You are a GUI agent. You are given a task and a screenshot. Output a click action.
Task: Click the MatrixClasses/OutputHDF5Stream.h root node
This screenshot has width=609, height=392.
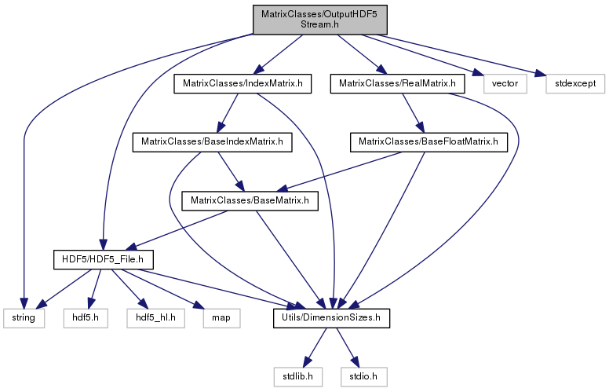320,20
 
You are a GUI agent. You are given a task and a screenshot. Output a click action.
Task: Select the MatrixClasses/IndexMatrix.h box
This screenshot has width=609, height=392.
243,83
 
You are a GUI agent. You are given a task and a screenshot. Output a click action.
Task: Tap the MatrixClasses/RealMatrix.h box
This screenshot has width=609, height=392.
397,83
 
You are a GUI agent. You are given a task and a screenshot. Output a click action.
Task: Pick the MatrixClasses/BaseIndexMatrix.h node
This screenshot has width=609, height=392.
212,142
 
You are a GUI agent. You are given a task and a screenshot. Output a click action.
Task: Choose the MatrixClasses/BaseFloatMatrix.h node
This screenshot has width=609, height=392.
428,142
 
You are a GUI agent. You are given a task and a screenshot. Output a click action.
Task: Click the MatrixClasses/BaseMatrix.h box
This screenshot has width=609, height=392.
250,201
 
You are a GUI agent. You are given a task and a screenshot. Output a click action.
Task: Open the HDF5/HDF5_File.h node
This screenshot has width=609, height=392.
103,259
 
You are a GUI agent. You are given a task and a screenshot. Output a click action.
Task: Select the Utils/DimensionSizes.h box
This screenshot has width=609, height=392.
331,318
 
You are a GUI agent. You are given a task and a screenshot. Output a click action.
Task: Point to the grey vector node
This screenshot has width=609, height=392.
505,83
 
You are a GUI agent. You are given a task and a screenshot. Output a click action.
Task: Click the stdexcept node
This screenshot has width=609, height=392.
575,83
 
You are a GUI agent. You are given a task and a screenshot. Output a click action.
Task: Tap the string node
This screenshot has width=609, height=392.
24,318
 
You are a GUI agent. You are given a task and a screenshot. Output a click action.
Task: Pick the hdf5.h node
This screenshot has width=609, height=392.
86,318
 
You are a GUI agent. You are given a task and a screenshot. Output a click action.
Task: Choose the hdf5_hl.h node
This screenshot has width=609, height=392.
155,318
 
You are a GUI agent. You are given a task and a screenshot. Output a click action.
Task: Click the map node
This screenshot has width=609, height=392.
221,318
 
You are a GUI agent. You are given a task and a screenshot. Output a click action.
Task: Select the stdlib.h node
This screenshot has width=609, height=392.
297,377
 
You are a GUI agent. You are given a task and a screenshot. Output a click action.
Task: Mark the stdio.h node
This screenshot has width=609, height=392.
364,377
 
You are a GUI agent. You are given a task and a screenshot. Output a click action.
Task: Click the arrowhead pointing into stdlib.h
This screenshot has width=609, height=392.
307,362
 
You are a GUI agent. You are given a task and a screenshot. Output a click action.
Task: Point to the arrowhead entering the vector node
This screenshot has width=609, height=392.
479,73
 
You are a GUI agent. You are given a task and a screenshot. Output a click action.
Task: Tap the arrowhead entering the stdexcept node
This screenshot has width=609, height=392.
540,73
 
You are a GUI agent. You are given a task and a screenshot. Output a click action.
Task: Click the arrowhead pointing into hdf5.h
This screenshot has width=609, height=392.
90,303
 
